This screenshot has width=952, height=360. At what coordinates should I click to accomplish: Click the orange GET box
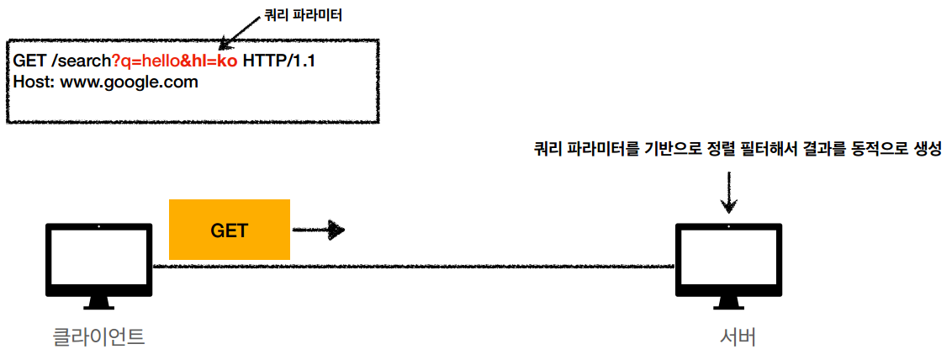(x=229, y=229)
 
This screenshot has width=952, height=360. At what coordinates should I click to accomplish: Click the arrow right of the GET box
(x=318, y=230)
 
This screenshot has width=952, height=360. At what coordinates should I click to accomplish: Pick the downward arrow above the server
(x=729, y=193)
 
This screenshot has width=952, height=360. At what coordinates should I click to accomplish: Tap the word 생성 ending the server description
(x=925, y=149)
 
